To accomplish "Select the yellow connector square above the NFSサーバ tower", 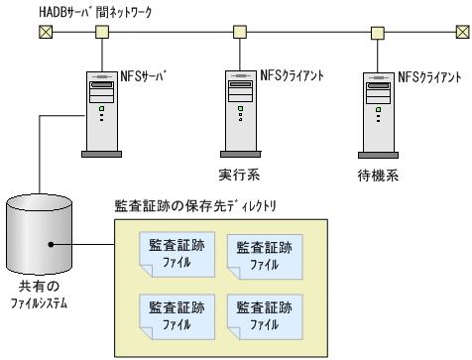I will [102, 32].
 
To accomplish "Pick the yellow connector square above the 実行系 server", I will [239, 32].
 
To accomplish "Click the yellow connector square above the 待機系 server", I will [377, 32].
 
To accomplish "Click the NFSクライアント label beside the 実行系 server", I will [293, 74].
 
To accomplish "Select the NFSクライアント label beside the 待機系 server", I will [430, 74].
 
